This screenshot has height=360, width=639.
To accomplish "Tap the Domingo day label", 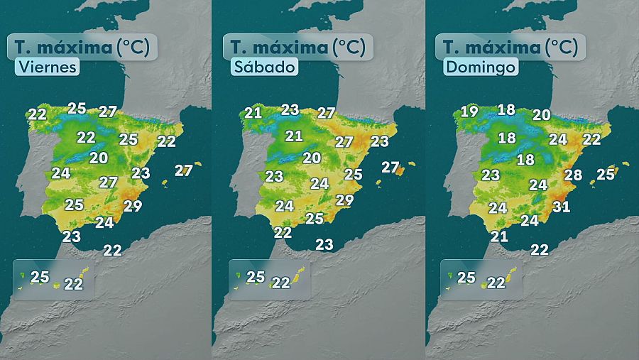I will click(x=479, y=67).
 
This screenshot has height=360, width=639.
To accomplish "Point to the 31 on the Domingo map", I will click(x=562, y=207).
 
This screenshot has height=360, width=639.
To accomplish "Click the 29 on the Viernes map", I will click(x=133, y=207).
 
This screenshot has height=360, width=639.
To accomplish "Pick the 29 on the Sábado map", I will click(x=344, y=200).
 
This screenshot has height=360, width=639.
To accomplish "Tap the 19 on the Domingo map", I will click(x=469, y=111).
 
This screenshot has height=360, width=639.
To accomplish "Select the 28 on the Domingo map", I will click(x=573, y=176).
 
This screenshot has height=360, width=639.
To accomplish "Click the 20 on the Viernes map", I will click(x=99, y=158).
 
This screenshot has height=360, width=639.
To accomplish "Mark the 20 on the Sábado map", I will click(x=312, y=158).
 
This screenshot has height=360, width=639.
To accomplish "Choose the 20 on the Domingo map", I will click(x=542, y=115).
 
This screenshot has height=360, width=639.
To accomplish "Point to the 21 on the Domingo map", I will click(x=500, y=236).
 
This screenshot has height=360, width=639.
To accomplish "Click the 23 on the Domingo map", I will click(x=491, y=175).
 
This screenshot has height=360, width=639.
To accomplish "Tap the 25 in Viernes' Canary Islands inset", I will click(x=40, y=277).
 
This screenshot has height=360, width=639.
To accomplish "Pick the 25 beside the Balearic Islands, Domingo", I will click(x=606, y=174).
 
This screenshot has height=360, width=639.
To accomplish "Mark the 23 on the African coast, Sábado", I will click(x=324, y=244).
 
